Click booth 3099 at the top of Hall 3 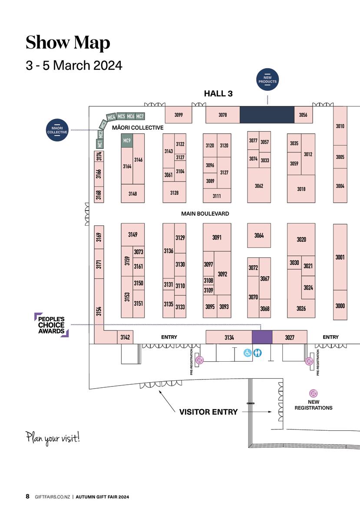click(x=178, y=115)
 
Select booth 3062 click(x=259, y=186)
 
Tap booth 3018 click(x=301, y=189)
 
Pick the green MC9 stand click(x=127, y=141)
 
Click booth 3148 click(x=132, y=194)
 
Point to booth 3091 click(x=217, y=238)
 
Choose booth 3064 click(x=259, y=235)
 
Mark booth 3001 click(x=340, y=257)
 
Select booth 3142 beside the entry click(x=125, y=337)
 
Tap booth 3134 click(x=229, y=337)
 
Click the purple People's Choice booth click(x=262, y=337)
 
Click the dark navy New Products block click(x=267, y=115)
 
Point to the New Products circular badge click(x=267, y=79)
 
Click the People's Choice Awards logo click(x=51, y=325)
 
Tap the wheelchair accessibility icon click(x=248, y=353)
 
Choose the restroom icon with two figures click(x=258, y=353)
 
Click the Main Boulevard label click(x=205, y=214)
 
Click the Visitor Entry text click(x=208, y=412)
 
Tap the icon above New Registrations click(x=314, y=393)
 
